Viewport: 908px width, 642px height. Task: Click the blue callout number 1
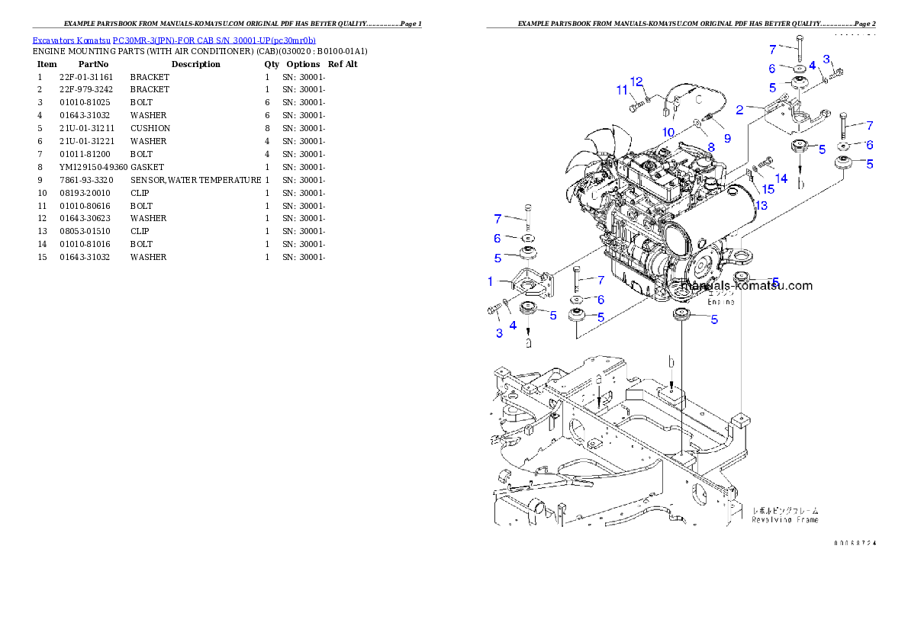[491, 281]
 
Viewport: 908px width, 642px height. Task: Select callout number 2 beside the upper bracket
[739, 110]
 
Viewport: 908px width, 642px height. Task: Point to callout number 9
[727, 138]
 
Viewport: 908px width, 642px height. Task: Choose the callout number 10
[668, 132]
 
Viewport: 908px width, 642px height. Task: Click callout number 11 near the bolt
[622, 90]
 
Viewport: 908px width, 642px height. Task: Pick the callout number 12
[637, 82]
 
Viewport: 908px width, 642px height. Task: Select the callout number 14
[781, 178]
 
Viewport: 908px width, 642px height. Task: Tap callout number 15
[768, 188]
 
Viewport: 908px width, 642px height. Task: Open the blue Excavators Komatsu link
[174, 40]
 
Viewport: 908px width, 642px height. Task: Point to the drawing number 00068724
[855, 543]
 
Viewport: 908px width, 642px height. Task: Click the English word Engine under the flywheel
[721, 302]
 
